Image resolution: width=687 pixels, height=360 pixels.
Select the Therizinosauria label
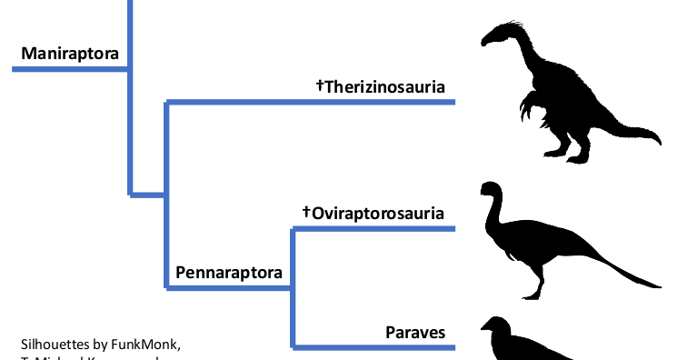tap(385, 87)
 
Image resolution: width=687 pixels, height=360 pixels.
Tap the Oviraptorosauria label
tap(379, 214)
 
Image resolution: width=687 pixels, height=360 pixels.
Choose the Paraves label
tap(415, 332)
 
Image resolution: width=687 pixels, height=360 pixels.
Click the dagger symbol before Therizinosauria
tap(320, 86)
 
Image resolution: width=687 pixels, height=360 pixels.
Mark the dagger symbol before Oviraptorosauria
tap(307, 213)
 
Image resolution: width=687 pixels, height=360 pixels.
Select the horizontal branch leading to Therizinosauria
tap(309, 103)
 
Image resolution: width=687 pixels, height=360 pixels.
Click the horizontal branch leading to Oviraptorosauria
tap(373, 229)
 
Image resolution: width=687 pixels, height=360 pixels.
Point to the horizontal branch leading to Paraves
tap(373, 347)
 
